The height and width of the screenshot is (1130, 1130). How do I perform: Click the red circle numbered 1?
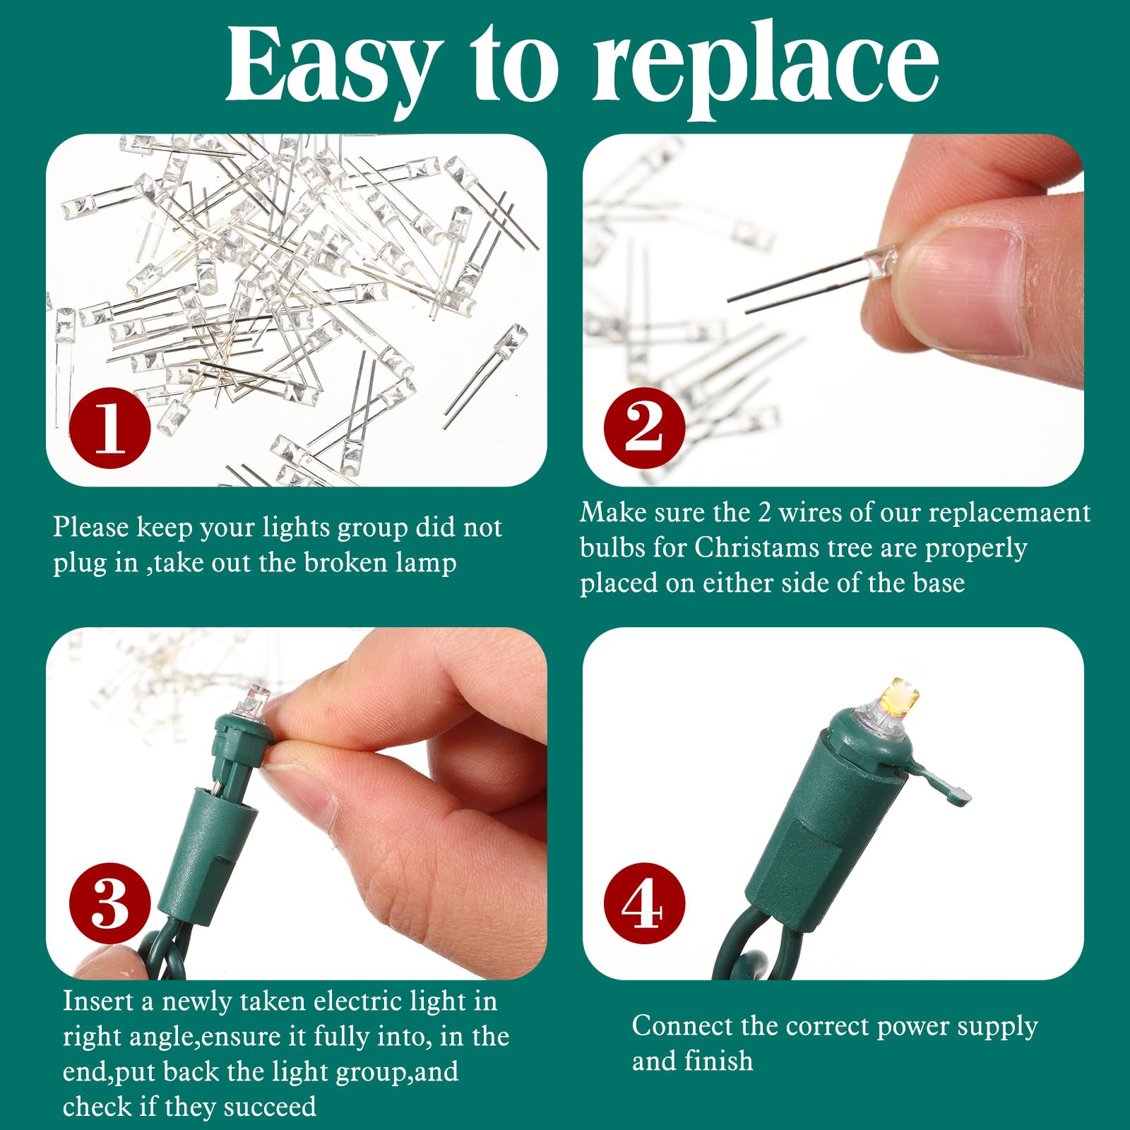point(110,427)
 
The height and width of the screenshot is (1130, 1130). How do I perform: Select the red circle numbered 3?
point(110,903)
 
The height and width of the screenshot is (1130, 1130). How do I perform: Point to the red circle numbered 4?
point(645,903)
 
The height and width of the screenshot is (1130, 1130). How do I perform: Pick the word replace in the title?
point(766,71)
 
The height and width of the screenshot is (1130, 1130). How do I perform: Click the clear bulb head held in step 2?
point(880,261)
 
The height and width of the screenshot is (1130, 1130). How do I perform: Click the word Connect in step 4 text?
point(684,1026)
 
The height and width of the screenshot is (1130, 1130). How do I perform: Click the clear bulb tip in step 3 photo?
point(258,699)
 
